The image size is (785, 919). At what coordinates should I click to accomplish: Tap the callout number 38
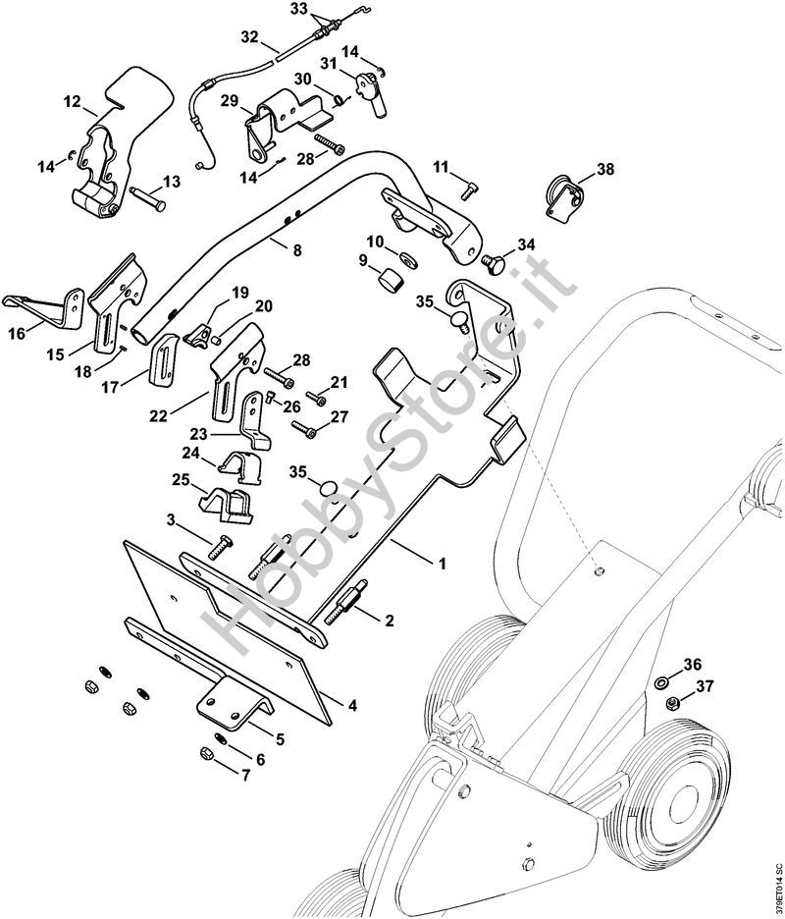point(604,169)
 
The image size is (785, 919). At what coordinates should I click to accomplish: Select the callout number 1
point(442,564)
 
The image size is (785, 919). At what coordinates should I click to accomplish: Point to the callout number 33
point(299,9)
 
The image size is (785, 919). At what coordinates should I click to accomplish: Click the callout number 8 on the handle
point(296,251)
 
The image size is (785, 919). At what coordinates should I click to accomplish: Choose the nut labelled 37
point(672,703)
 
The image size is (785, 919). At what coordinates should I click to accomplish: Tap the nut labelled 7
point(207,752)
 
